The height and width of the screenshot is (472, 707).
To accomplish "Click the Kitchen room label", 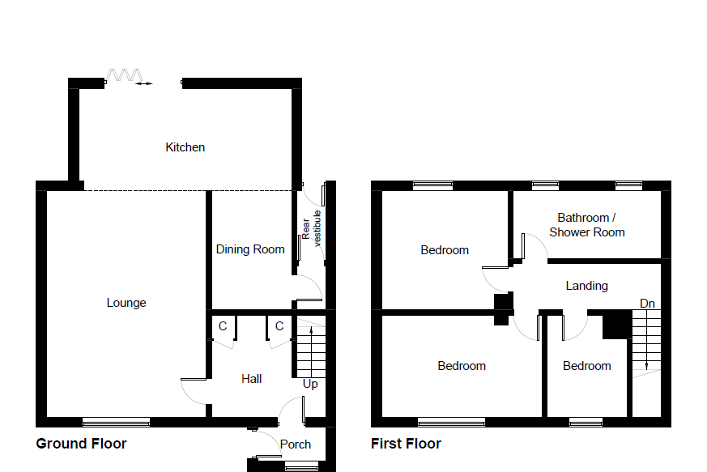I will pyautogui.click(x=185, y=147).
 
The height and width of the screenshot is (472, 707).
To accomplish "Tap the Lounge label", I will pyautogui.click(x=126, y=303).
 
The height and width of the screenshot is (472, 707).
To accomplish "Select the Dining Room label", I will pyautogui.click(x=250, y=249).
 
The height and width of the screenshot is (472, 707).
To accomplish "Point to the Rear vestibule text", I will pyautogui.click(x=312, y=227).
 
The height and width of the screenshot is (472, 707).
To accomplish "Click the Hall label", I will pyautogui.click(x=252, y=378).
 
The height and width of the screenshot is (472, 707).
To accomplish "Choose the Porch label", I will pyautogui.click(x=296, y=444).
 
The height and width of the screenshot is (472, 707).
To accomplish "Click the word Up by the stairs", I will pyautogui.click(x=310, y=384).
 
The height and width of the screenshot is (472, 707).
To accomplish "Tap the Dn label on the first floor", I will pyautogui.click(x=647, y=303).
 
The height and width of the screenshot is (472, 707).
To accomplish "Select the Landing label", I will pyautogui.click(x=586, y=286).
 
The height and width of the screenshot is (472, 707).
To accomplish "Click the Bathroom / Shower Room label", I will pyautogui.click(x=587, y=225).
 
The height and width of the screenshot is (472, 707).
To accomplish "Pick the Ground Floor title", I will pyautogui.click(x=81, y=444).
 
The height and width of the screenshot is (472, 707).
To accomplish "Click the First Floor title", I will pyautogui.click(x=406, y=444).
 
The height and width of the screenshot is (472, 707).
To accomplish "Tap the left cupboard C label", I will pyautogui.click(x=223, y=326).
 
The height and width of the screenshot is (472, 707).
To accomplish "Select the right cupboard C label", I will pyautogui.click(x=279, y=326).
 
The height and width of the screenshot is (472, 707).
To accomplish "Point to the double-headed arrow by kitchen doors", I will pyautogui.click(x=143, y=83).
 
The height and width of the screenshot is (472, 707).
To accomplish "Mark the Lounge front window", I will pyautogui.click(x=116, y=421).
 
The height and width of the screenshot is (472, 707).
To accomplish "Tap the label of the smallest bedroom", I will pyautogui.click(x=586, y=366).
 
